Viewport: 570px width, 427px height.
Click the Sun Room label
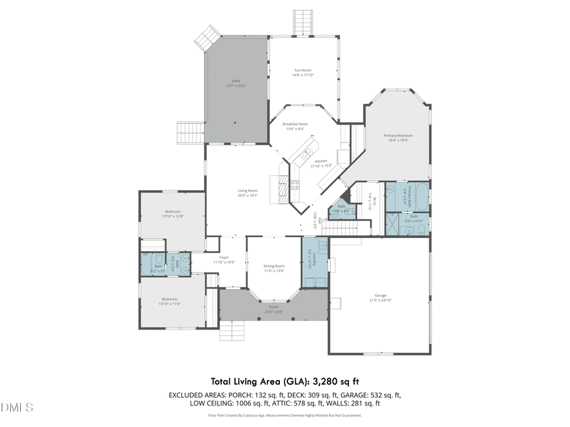pyautogui.click(x=303, y=70)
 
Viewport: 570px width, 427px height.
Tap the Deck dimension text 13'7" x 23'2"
pyautogui.click(x=236, y=85)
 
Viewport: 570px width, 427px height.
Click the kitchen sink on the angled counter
pyautogui.click(x=308, y=152)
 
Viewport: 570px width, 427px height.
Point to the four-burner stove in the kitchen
pyautogui.click(x=294, y=185)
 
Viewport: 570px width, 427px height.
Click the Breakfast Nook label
pyautogui.click(x=295, y=124)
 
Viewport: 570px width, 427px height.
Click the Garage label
pyautogui.click(x=380, y=295)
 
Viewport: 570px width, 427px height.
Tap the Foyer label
pyautogui.click(x=224, y=257)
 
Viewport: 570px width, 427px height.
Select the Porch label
pyautogui.click(x=274, y=307)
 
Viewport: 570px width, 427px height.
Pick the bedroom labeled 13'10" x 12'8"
pyautogui.click(x=172, y=214)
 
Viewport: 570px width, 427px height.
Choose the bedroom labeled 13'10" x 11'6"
pyautogui.click(x=170, y=302)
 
